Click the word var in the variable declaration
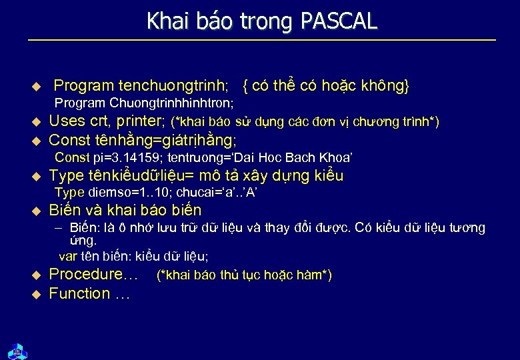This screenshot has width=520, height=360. coord(67,256)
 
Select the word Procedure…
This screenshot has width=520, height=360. coord(93,274)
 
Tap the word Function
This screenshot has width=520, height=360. coord(79,293)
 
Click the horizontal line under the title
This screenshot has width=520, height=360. coord(261,41)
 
